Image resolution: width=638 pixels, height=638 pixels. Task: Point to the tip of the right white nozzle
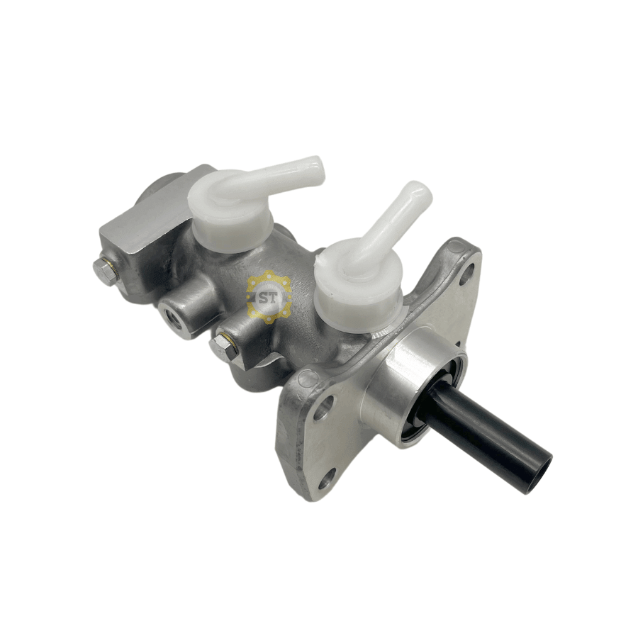click(421, 192)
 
